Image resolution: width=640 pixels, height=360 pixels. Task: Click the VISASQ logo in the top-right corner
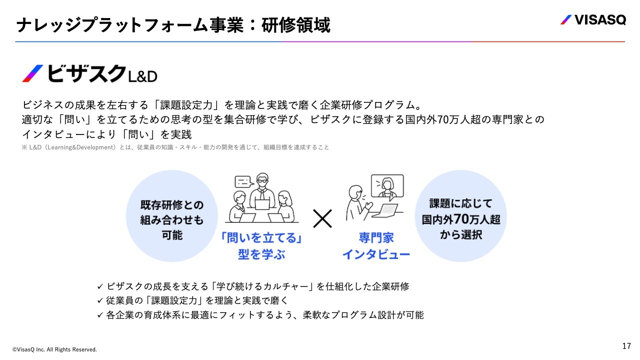pos(592,20)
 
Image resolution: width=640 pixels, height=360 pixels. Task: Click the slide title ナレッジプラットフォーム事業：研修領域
pos(173,25)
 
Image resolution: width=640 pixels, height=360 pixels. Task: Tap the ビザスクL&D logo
pos(90,74)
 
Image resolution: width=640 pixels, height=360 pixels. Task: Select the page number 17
pos(626,346)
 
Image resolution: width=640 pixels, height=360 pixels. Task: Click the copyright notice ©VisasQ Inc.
pos(54,349)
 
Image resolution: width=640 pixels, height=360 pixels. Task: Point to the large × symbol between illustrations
pos(322,218)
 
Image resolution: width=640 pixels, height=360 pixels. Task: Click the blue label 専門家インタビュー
pos(376,245)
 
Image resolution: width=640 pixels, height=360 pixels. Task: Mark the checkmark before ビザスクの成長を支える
pos(100,286)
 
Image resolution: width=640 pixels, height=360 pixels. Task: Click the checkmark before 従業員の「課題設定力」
pos(100,300)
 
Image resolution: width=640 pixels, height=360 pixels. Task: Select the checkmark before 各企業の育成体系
pos(100,315)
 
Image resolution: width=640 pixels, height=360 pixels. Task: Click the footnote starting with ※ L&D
pos(175,147)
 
